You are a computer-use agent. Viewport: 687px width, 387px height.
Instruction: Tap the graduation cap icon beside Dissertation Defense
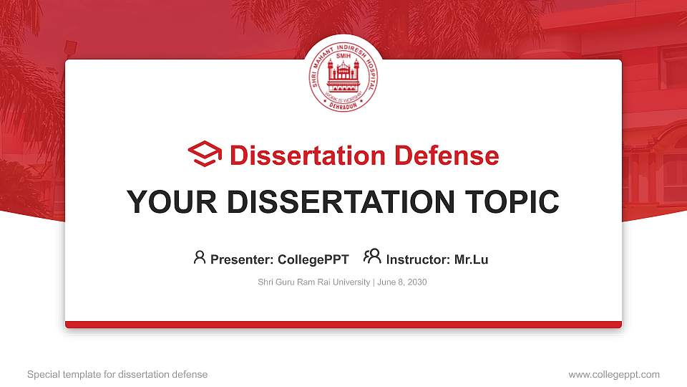205,155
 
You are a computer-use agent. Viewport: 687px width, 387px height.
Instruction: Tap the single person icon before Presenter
200,258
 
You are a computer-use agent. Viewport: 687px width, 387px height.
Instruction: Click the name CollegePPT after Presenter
313,259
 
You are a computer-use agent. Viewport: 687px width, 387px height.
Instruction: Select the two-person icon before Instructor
372,257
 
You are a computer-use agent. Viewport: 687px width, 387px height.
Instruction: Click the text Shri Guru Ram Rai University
313,282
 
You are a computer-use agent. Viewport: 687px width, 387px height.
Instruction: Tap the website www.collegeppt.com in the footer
613,374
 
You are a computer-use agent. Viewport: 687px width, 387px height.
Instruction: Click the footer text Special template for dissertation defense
117,374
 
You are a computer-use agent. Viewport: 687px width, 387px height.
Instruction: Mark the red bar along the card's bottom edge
343,325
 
